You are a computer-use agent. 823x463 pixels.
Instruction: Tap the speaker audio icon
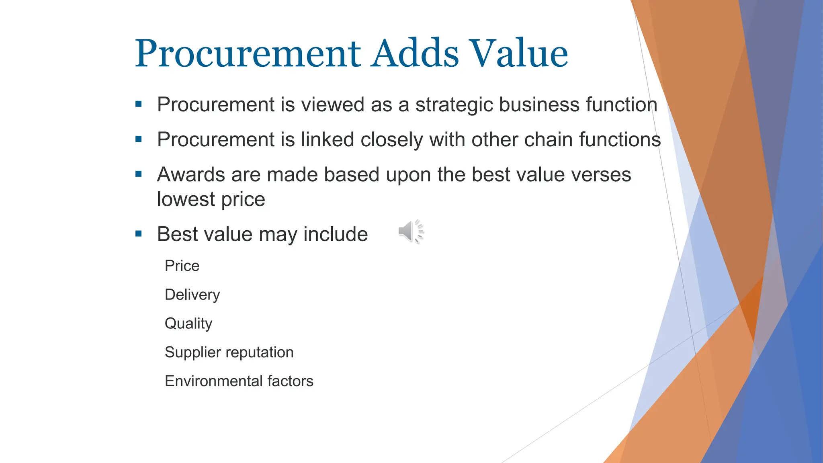411,232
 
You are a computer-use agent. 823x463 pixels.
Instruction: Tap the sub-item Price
182,266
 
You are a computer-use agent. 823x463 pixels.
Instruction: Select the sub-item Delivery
192,295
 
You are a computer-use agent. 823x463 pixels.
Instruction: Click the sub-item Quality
188,324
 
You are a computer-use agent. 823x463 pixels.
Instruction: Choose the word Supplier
187,353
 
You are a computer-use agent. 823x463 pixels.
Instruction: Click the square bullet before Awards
139,174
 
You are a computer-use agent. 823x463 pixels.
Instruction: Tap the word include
336,234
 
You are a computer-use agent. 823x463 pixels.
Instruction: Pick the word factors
290,381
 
